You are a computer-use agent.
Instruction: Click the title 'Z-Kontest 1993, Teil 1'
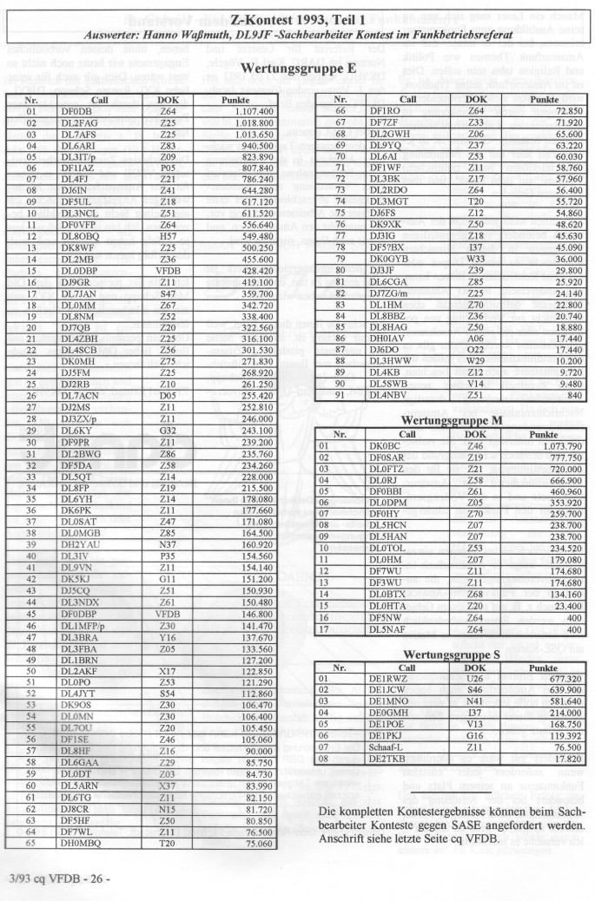pyautogui.click(x=297, y=19)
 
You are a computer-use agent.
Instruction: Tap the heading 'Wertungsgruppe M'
pyautogui.click(x=447, y=421)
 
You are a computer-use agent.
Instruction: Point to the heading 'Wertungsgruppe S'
pyautogui.click(x=447, y=652)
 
